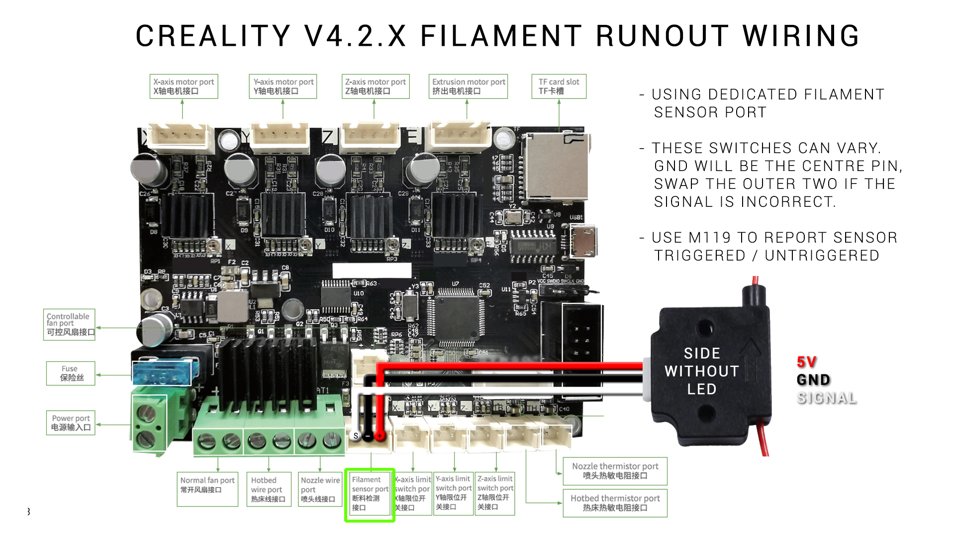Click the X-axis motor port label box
[184, 87]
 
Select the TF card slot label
[559, 87]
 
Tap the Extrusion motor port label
[468, 87]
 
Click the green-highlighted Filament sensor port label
[370, 495]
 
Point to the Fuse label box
[71, 373]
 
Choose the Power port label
[71, 423]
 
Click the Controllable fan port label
[69, 324]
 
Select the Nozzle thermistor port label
[615, 471]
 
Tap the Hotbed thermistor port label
[615, 503]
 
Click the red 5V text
[806, 362]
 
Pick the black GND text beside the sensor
[813, 380]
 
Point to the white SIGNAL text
[827, 398]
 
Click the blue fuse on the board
[162, 374]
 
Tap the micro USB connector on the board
[582, 242]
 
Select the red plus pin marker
[380, 436]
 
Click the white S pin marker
[356, 436]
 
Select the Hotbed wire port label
[269, 489]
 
